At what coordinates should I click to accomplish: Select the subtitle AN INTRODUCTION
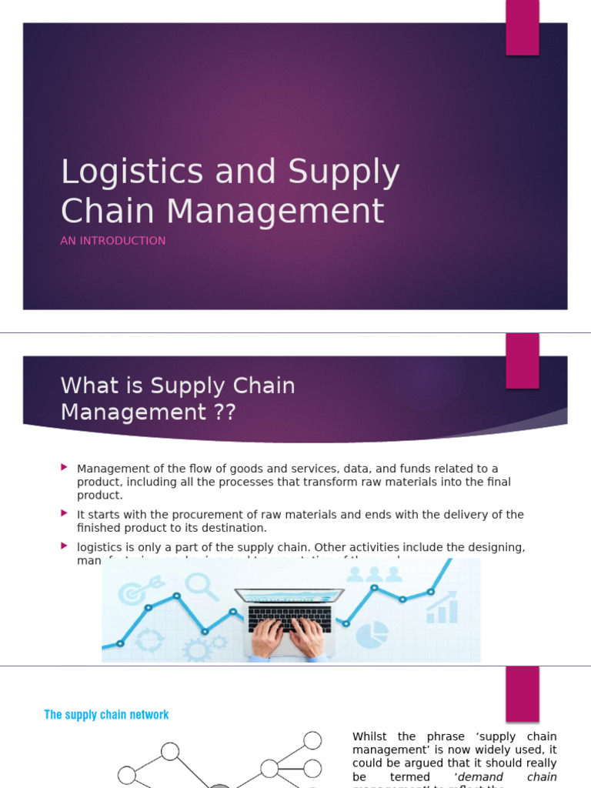coord(113,241)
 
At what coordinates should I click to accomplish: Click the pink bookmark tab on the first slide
coord(522,28)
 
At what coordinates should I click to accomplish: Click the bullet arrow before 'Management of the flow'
coord(65,466)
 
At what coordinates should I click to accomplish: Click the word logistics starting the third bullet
coord(99,547)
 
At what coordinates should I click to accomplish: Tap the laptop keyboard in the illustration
coord(289,617)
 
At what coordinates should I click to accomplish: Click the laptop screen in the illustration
coord(289,596)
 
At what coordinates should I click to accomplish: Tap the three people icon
coord(374,575)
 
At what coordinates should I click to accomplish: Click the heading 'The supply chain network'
coord(106,715)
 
